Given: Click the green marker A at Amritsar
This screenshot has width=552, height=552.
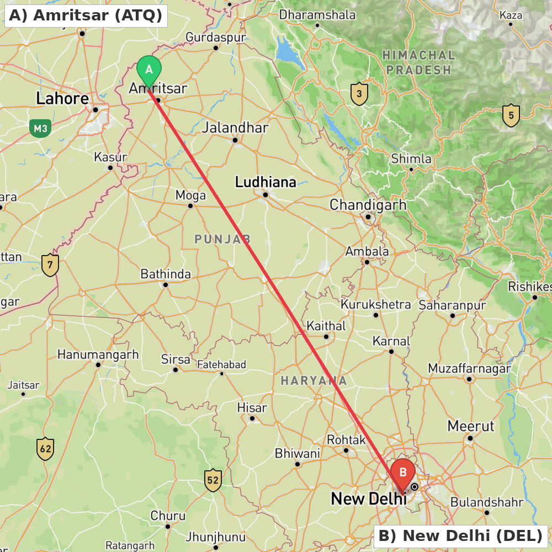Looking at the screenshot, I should click(x=148, y=70).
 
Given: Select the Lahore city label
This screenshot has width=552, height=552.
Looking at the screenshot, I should click(x=62, y=99).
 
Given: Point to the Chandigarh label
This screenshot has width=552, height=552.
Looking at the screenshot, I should click(x=368, y=205).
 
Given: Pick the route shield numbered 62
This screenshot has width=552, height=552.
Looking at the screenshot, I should click(x=45, y=449).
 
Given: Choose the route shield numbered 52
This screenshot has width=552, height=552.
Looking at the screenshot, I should click(x=213, y=480).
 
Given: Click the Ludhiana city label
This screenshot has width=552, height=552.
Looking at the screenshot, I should click(x=266, y=182).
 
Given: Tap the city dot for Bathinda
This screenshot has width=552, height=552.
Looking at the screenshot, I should click(x=165, y=285).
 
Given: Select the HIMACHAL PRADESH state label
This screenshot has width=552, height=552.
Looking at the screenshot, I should click(x=419, y=62).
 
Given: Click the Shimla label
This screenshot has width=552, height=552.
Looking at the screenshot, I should click(x=411, y=159).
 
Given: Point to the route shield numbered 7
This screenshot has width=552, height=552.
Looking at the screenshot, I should click(x=50, y=265).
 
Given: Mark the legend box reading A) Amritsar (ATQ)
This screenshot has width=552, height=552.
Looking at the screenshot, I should click(x=86, y=15).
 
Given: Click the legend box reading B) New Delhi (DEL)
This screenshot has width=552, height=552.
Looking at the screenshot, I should click(x=460, y=535).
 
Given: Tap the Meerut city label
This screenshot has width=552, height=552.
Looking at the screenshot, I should click(x=471, y=426).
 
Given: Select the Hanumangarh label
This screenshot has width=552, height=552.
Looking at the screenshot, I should click(x=98, y=354).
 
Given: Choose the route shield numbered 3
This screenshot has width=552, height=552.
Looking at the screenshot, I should click(x=359, y=94).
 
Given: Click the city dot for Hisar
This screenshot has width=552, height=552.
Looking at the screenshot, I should click(x=252, y=418).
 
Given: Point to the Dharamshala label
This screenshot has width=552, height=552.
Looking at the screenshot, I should click(x=317, y=15).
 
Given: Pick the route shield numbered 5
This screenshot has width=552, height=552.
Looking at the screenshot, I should click(x=511, y=115).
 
